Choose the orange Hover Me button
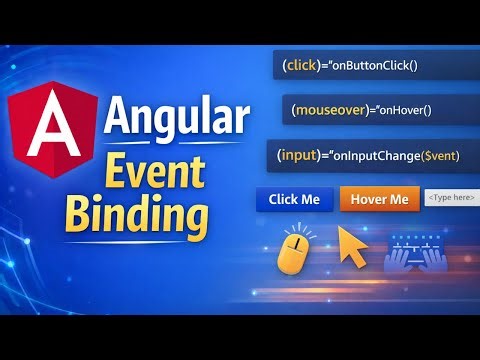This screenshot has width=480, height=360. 378,199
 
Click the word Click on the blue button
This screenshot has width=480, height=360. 283,199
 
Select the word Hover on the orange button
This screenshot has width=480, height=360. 366,199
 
